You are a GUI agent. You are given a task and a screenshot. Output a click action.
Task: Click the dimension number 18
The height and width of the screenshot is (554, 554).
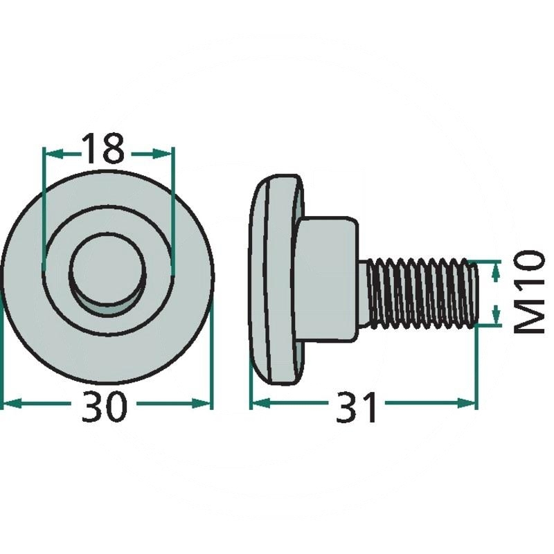[x=103, y=149]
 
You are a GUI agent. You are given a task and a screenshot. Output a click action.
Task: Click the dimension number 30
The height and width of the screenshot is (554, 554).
[x=103, y=406]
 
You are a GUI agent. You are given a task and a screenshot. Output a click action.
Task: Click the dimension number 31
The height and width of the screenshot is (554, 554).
[x=356, y=407]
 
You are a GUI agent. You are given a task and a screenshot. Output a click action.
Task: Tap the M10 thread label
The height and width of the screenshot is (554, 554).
[x=528, y=292]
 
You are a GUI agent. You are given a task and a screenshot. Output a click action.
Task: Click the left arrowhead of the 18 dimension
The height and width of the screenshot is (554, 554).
[x=55, y=154]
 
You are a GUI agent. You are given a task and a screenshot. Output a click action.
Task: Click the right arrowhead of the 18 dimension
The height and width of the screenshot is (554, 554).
[x=162, y=154]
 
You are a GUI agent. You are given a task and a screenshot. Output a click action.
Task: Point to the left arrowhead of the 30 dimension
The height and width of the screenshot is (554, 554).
[x=12, y=404]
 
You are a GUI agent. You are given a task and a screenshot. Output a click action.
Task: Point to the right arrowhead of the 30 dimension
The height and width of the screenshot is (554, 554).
[x=202, y=404]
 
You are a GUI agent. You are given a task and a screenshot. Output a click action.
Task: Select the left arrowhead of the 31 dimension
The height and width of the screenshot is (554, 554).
[x=262, y=403]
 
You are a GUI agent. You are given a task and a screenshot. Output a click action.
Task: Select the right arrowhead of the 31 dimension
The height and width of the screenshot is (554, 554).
[x=465, y=403]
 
